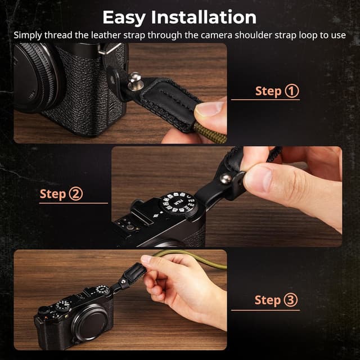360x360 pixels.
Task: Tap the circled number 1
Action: pos(292,91)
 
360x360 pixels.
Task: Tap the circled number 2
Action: pos(75,194)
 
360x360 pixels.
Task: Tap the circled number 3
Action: pos(290,300)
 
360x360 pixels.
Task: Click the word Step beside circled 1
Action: pos(268,91)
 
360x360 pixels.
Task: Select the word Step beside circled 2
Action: pos(53,195)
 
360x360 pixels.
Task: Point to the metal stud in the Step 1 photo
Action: pos(134,75)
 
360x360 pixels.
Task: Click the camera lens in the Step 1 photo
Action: pos(34,79)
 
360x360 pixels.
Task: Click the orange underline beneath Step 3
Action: pos(265,310)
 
